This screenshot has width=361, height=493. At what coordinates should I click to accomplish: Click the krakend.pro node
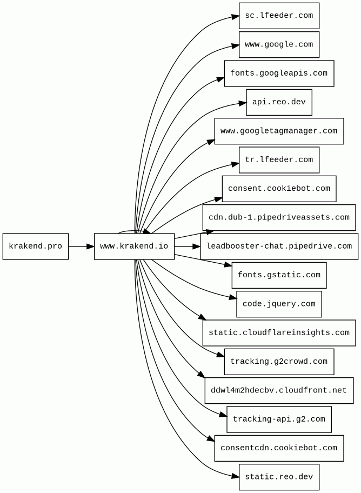36,246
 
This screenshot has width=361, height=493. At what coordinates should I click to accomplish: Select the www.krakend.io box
134,246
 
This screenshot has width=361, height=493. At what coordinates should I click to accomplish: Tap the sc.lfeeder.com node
279,16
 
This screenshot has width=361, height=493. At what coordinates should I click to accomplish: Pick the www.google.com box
279,45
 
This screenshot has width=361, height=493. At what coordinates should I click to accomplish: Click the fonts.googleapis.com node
279,74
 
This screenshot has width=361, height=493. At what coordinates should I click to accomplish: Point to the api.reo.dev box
279,102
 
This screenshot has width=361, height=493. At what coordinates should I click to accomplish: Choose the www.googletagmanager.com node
279,131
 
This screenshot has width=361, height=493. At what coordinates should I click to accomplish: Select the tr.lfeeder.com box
279,159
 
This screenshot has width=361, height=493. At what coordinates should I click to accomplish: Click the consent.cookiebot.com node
279,189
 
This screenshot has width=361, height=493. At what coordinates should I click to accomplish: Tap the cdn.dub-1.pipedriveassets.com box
279,217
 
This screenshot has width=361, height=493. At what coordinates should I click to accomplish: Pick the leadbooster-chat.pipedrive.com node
279,246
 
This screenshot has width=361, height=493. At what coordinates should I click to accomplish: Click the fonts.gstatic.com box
279,275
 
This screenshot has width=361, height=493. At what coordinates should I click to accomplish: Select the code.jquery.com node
279,304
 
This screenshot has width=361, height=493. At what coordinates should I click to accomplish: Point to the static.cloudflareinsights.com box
279,333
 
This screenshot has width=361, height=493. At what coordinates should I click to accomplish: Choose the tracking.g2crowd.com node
279,362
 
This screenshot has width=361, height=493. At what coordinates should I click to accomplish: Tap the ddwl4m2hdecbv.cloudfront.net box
279,390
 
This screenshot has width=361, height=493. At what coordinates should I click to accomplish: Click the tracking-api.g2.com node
279,419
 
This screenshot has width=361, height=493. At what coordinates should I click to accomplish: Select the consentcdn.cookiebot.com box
279,448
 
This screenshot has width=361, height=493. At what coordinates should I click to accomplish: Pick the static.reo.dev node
279,477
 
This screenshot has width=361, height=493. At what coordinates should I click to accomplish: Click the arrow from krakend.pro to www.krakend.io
82,246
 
